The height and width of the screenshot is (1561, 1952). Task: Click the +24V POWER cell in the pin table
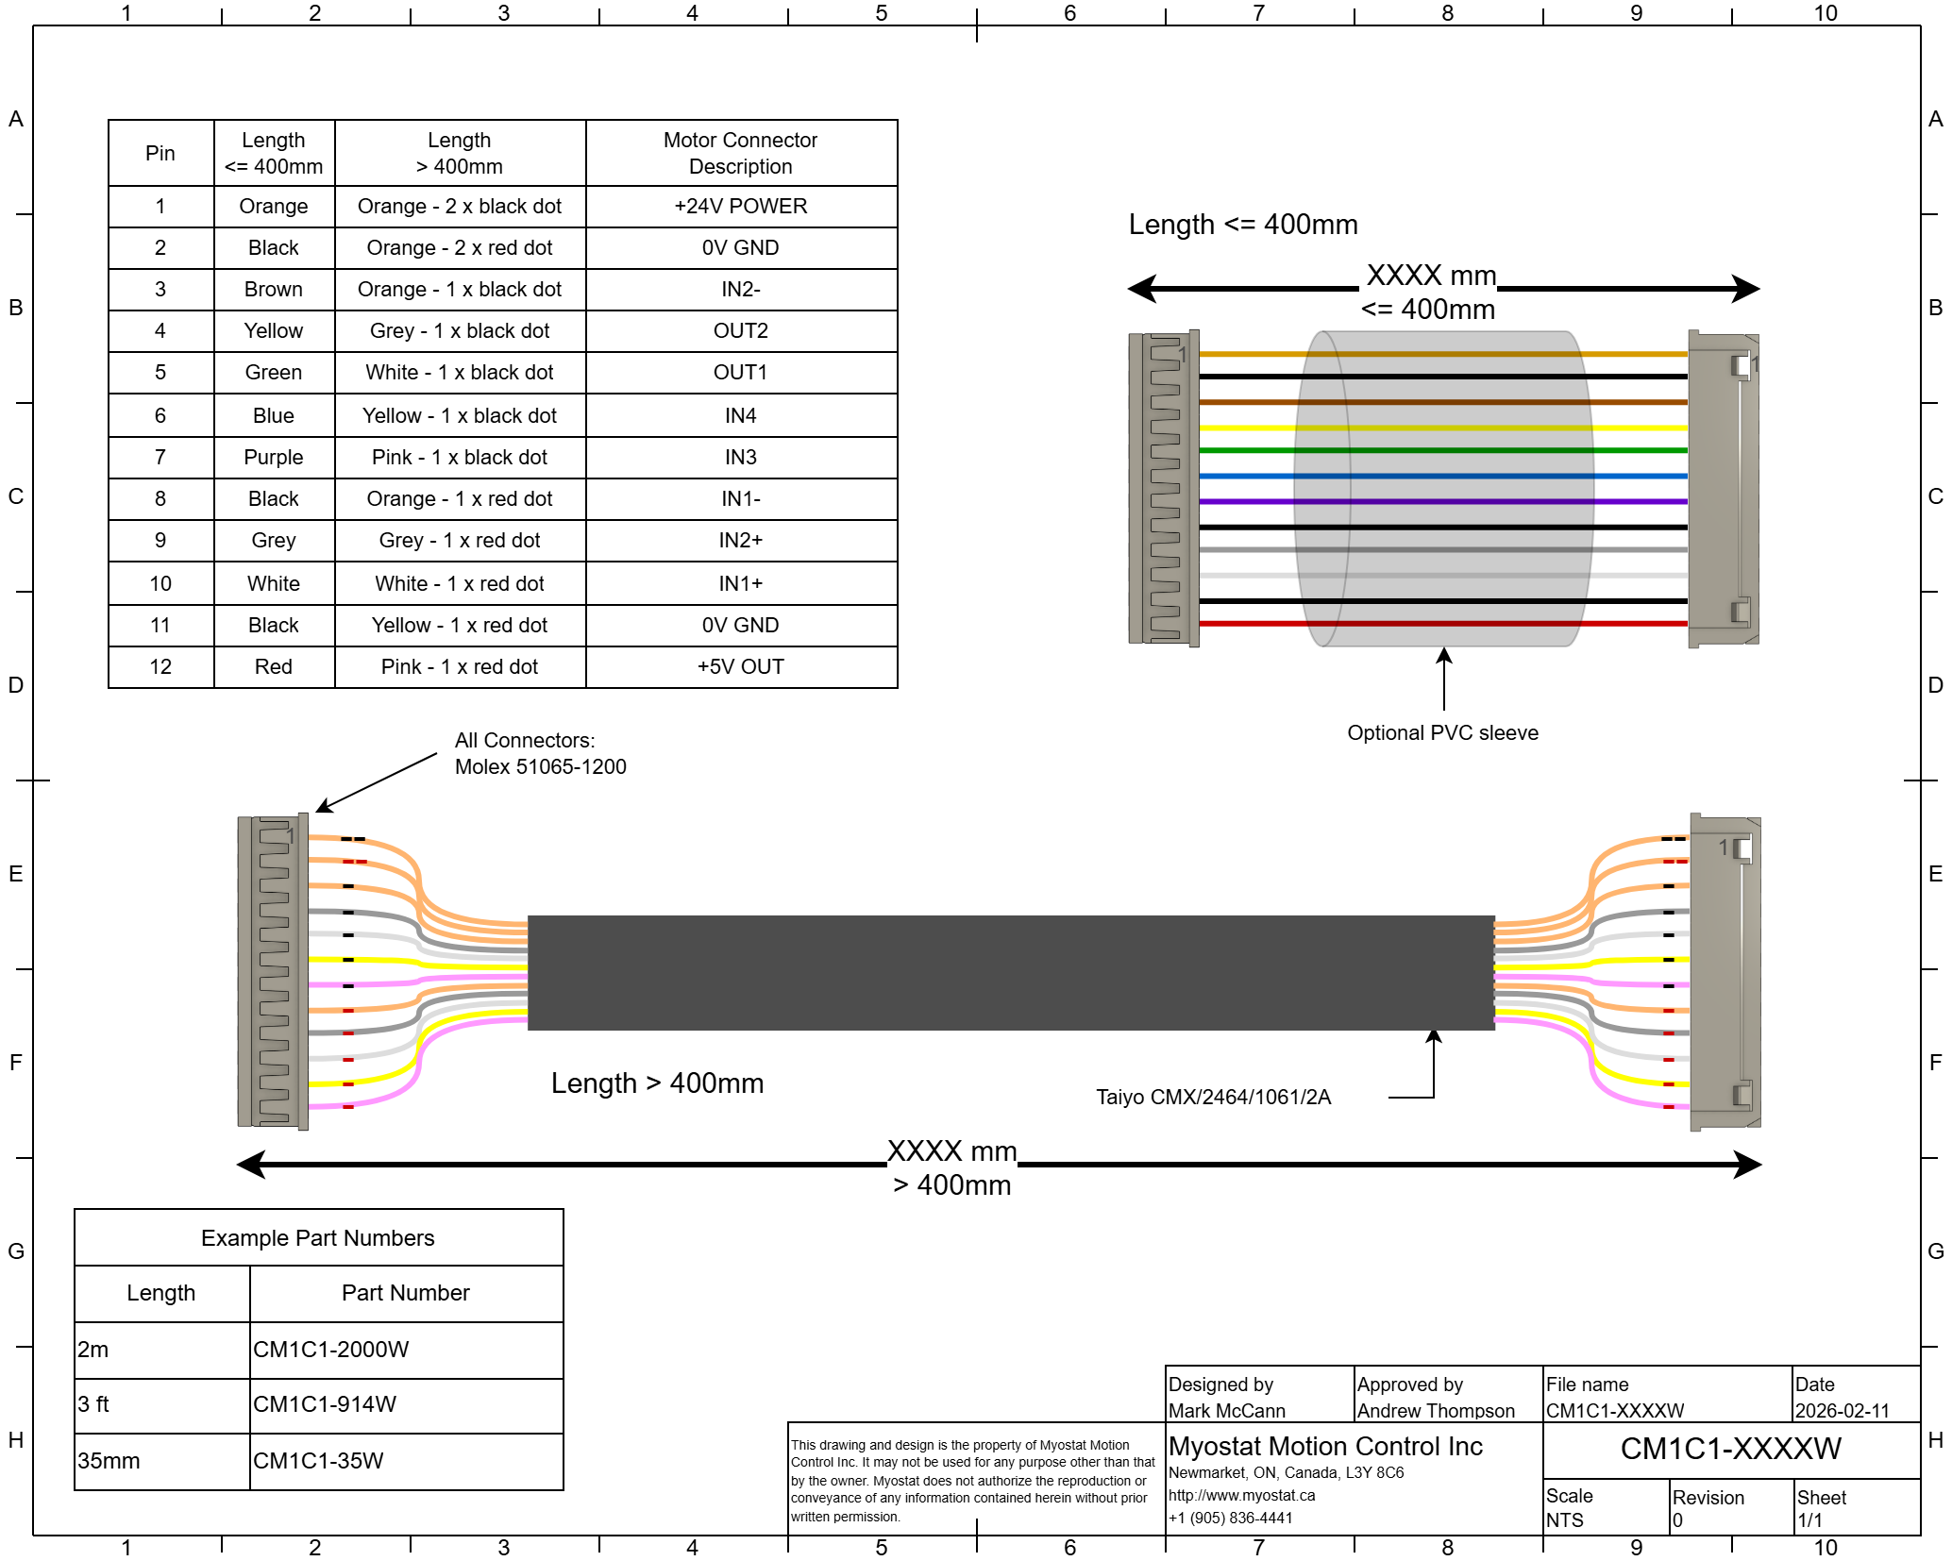click(740, 206)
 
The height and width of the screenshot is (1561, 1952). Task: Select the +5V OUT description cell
click(740, 666)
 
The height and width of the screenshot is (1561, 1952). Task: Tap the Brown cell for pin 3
click(273, 289)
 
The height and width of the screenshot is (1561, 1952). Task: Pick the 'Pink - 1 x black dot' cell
click(459, 457)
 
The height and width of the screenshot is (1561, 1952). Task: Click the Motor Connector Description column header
click(740, 153)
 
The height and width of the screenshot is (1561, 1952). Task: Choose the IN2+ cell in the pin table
click(740, 540)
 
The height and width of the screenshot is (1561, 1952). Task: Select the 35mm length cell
click(109, 1461)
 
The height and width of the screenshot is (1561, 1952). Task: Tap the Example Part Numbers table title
click(317, 1237)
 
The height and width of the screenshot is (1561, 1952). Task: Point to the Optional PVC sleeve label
click(1442, 732)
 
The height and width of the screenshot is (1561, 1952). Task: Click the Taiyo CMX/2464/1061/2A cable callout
click(1213, 1097)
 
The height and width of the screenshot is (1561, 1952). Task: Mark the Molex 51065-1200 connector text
click(540, 766)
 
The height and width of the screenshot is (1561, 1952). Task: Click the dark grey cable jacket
click(1010, 972)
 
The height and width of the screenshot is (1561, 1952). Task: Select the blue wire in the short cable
click(1255, 477)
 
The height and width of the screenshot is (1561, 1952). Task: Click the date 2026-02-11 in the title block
click(1842, 1411)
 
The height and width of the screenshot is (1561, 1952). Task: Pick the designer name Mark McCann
click(1226, 1411)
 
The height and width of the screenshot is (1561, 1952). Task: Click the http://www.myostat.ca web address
click(1241, 1495)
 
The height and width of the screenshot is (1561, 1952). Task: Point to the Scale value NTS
click(1564, 1519)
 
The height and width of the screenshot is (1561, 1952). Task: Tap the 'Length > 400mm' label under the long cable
click(657, 1083)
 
